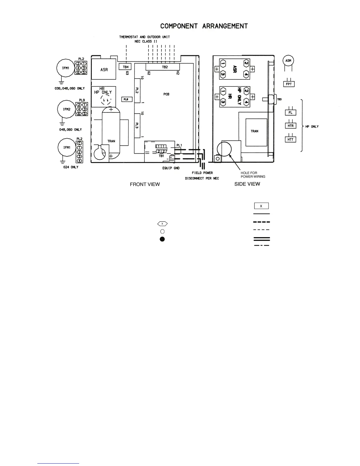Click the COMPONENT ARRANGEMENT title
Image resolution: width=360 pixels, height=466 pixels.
[204, 26]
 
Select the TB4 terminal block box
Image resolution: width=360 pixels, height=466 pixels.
[126, 67]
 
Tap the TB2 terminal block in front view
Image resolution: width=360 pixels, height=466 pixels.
[165, 67]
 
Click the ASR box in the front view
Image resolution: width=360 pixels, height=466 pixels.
[104, 69]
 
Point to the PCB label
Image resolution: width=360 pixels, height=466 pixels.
[166, 94]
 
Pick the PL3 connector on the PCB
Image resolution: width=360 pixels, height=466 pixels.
[137, 126]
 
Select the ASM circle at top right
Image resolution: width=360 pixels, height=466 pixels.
[288, 61]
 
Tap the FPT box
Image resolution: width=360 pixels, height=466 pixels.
[289, 84]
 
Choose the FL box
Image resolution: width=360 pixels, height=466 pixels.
[290, 113]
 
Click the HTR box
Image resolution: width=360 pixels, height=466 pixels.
[291, 126]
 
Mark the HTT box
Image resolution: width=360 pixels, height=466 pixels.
[291, 139]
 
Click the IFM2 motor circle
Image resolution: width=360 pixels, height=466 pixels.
[66, 109]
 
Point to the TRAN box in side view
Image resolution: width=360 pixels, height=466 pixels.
[255, 132]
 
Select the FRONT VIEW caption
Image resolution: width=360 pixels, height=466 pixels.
[145, 184]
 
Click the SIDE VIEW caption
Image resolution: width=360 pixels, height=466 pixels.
[247, 184]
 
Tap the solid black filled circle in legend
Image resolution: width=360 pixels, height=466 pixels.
[162, 239]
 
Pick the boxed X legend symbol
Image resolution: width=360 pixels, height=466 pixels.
[261, 206]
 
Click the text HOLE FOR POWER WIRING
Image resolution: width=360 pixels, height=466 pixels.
[253, 175]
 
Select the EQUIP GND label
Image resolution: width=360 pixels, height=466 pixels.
[171, 168]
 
